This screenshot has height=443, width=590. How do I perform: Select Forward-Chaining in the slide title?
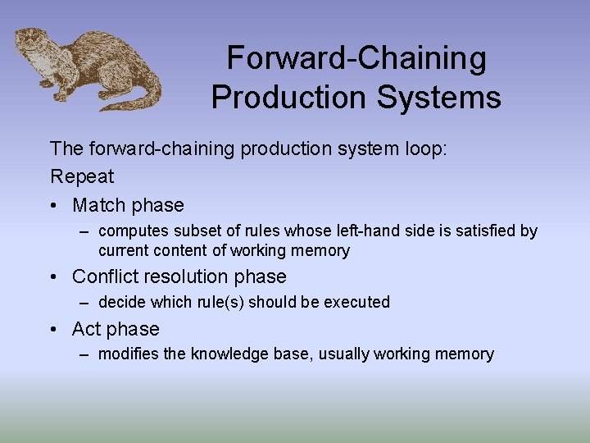click(x=356, y=58)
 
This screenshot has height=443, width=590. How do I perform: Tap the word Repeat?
click(x=82, y=176)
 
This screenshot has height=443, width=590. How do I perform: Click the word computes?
click(x=133, y=231)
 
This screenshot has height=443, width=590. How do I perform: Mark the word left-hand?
click(x=329, y=231)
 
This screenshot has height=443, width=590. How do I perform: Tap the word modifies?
click(x=129, y=354)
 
